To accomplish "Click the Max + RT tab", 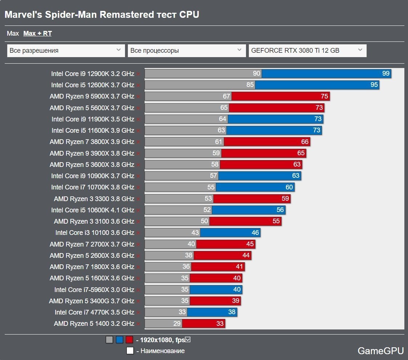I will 37,33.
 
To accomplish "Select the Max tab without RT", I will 13,33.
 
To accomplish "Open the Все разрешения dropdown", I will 65,51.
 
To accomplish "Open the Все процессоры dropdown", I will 186,51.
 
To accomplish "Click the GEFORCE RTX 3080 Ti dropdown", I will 307,51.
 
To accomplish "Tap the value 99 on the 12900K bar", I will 386,73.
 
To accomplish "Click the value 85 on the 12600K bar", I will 250,85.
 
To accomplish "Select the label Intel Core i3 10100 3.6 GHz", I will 95,232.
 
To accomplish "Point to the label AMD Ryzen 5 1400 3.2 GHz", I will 94,323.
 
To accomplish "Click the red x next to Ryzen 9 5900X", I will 138,97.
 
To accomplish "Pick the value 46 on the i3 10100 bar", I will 255,232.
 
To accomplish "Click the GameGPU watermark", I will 380,351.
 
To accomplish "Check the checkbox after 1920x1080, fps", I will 188,340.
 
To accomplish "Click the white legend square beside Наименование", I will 130,351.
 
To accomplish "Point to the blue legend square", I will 119,340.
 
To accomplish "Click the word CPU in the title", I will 189,15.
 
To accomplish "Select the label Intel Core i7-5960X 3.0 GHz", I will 94,289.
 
